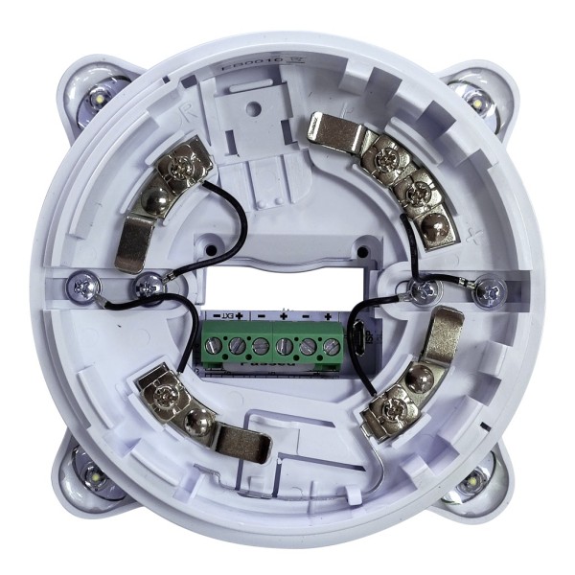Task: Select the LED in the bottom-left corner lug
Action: [x=96, y=475]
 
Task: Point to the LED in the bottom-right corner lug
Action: [x=474, y=476]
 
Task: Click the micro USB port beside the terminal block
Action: [x=355, y=342]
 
